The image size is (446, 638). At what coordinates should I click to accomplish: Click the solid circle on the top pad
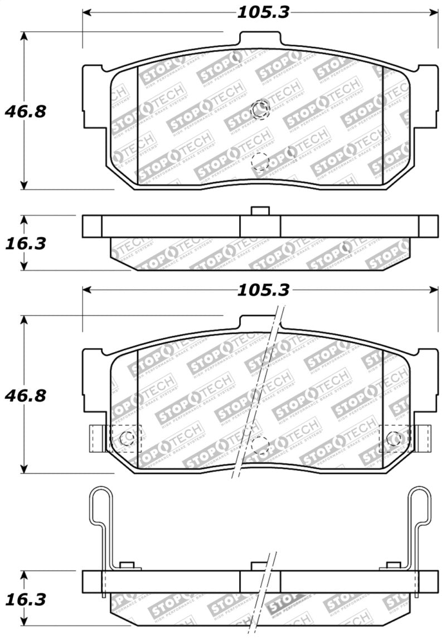(x=260, y=111)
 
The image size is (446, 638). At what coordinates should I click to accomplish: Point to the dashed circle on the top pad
(x=260, y=162)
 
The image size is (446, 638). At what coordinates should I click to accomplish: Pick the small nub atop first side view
(x=260, y=211)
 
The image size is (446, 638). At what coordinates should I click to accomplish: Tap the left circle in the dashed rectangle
(x=127, y=437)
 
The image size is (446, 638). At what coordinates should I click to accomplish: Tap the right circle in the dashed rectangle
(x=394, y=437)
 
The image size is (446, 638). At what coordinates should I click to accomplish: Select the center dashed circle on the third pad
(x=260, y=444)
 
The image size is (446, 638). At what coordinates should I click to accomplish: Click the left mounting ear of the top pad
(x=94, y=95)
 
